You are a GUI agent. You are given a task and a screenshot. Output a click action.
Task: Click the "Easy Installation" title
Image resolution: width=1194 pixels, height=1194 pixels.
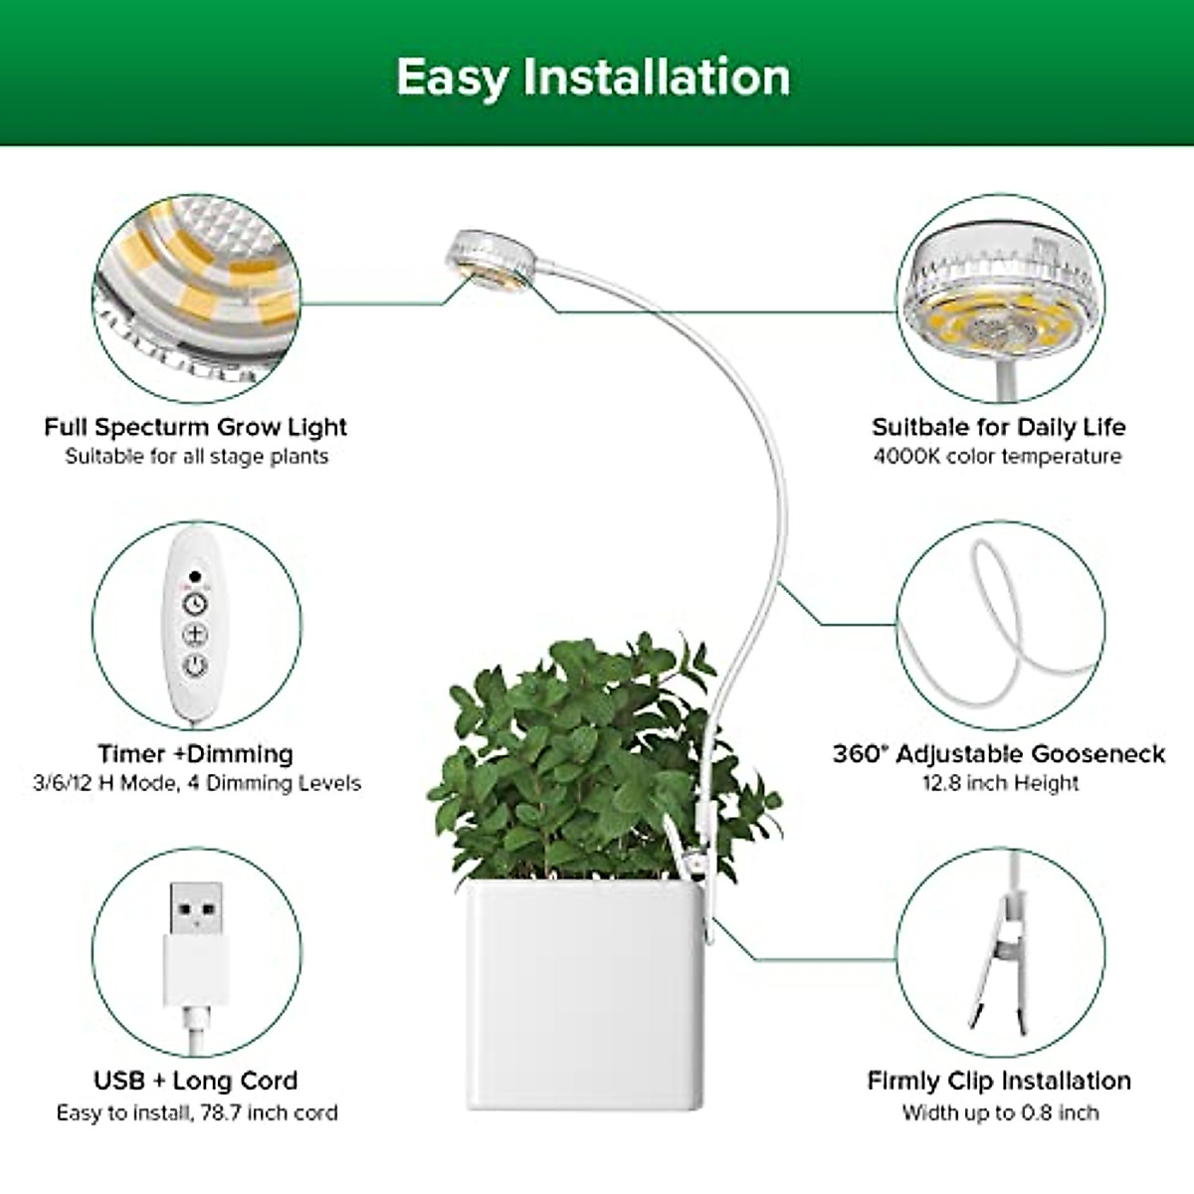(594, 78)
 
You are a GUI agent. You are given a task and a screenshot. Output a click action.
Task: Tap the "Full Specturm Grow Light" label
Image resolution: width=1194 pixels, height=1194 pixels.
(195, 427)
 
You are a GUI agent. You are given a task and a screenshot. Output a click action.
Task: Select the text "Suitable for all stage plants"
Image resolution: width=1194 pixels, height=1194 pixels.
(196, 457)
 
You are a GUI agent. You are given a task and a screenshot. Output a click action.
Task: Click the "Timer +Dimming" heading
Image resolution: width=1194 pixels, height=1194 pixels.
(195, 753)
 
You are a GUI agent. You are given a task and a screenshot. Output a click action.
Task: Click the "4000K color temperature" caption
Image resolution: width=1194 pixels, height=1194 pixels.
(997, 457)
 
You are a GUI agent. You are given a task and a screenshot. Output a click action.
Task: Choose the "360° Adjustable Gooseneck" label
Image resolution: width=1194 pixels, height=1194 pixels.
(998, 753)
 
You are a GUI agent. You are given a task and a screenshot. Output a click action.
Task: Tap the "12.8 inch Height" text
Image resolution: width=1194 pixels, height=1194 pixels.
(1000, 783)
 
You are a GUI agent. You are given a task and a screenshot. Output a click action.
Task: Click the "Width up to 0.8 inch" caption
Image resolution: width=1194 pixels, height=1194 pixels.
(1000, 1111)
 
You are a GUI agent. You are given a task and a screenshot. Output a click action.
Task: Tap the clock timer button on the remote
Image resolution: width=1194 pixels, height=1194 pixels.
(195, 604)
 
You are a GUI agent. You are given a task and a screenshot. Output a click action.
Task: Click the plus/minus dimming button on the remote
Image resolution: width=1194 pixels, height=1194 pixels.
(195, 635)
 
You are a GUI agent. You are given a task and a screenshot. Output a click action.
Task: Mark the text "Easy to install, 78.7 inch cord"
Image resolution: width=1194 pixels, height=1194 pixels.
(196, 1111)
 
